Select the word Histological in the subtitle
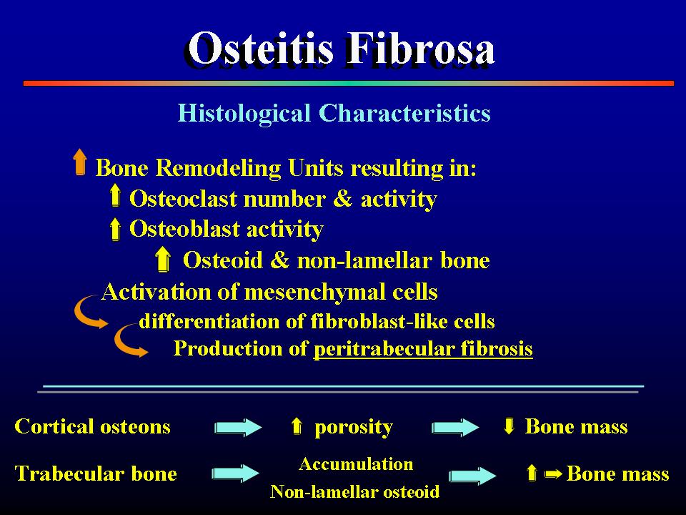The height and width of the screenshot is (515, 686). [x=244, y=114]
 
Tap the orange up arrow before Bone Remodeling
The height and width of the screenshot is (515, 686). [x=79, y=162]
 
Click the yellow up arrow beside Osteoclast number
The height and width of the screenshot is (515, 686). [x=115, y=195]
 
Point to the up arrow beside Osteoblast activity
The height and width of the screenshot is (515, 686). [x=115, y=228]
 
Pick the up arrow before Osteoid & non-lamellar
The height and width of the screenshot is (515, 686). [x=163, y=258]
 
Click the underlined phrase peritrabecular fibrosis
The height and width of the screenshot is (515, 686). [x=423, y=349]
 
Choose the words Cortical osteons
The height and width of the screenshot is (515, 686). [x=92, y=426]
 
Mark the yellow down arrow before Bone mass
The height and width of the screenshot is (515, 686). [x=509, y=426]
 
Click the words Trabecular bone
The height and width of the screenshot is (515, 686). [x=96, y=474]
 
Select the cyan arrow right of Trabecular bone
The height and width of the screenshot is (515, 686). [x=235, y=474]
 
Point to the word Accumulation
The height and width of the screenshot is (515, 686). [x=356, y=464]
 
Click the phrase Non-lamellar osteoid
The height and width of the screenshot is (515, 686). [x=355, y=492]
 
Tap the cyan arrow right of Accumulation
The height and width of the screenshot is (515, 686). [x=473, y=476]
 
